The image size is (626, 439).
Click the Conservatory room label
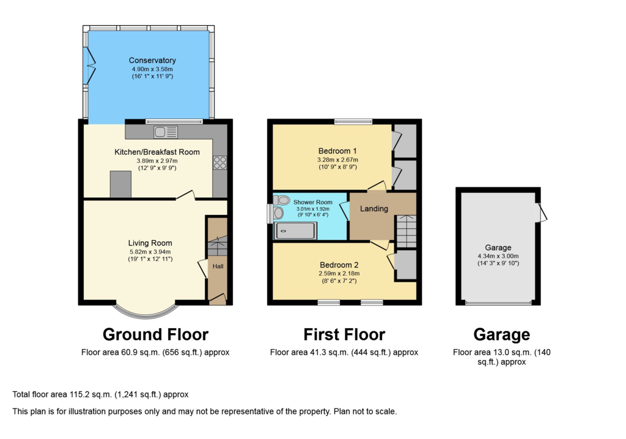152,60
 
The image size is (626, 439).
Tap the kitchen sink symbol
166,132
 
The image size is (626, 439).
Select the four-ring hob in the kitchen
219,163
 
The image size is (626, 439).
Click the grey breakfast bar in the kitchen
120,184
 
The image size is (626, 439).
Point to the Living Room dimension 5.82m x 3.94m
150,251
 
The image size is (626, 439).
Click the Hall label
218,266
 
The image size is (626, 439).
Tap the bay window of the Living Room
145,311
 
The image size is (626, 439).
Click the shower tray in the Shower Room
296,231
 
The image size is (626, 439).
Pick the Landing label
374,209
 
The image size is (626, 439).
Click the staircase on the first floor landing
406,231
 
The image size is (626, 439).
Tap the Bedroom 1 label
337,151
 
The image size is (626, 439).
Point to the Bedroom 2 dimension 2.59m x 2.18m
339,274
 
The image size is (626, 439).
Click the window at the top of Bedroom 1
353,121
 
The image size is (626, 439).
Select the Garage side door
542,212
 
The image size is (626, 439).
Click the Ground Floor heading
155,334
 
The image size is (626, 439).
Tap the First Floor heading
344,334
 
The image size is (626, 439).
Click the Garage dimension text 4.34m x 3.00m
498,257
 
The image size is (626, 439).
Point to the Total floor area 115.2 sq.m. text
100,394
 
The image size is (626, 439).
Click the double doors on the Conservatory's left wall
90,65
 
